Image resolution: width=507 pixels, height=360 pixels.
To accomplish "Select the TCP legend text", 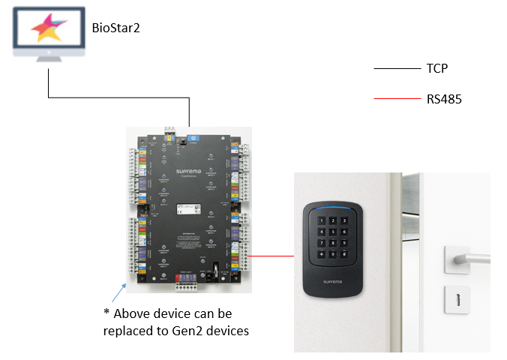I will (437, 68).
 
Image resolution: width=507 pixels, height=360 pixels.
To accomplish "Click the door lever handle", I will (465, 258).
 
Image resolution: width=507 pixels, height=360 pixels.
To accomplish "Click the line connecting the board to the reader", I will (271, 255).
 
